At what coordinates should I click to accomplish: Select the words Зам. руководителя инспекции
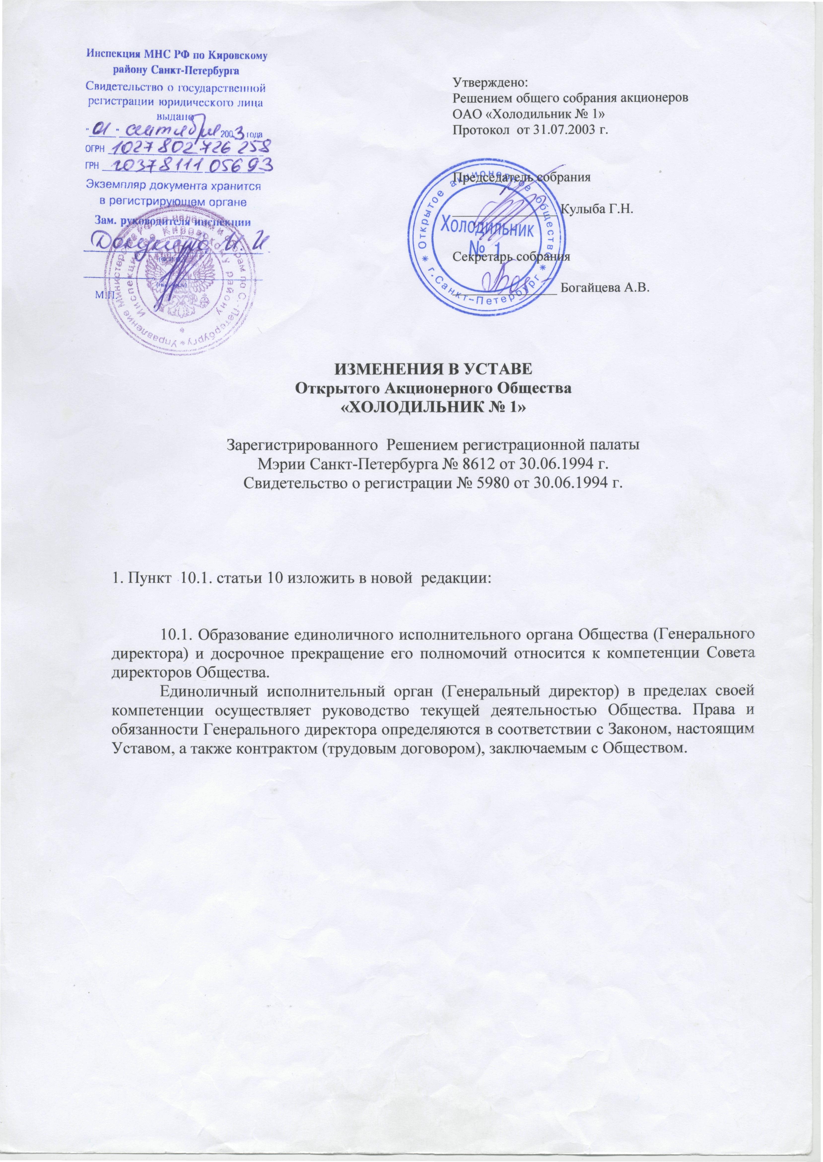click(x=174, y=221)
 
